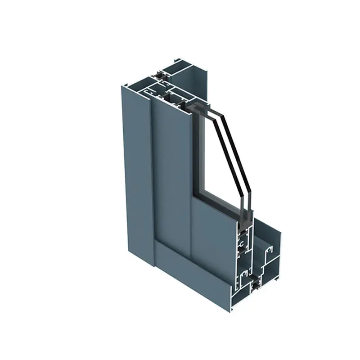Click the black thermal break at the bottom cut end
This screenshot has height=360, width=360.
click(x=255, y=284)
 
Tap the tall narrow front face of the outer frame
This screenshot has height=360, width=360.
click(x=133, y=180)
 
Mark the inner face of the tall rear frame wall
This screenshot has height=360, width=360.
click(x=198, y=85)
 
